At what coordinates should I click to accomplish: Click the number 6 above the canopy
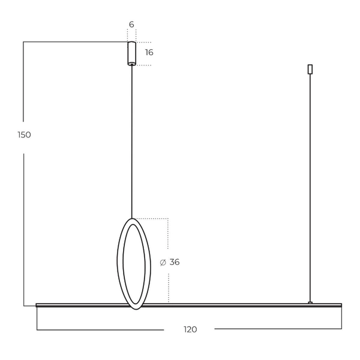[x=131, y=25]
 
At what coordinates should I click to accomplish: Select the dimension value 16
[x=149, y=53]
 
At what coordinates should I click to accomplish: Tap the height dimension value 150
[x=24, y=135]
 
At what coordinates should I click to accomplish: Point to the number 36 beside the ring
[x=175, y=262]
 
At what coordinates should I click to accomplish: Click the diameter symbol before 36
[x=163, y=262]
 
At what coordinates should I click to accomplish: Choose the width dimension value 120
[x=190, y=329]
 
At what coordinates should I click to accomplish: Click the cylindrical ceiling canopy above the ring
[x=131, y=53]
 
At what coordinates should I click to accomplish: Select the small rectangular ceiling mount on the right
[x=310, y=69]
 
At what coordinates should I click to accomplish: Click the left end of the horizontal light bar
[x=38, y=305]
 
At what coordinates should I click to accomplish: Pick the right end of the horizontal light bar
[x=340, y=305]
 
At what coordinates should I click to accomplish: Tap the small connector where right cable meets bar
[x=310, y=302]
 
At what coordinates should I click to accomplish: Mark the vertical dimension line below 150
[x=23, y=228]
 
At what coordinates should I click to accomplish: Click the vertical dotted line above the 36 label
[x=168, y=234]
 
